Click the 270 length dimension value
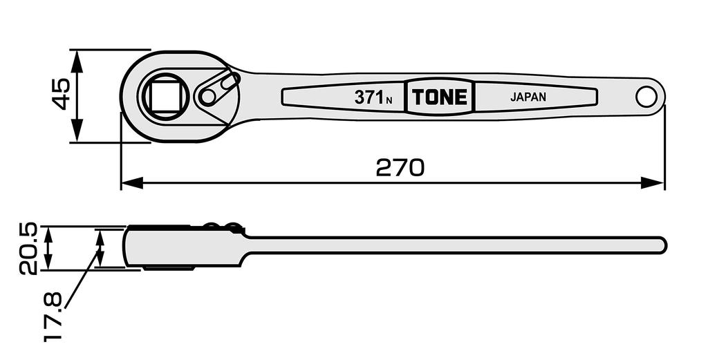click(400, 167)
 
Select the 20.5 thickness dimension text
click(27, 249)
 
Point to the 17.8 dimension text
click(53, 316)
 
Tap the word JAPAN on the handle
click(528, 97)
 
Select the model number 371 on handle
click(369, 97)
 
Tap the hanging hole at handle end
click(646, 97)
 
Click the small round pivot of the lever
click(207, 96)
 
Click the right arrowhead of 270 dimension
click(653, 182)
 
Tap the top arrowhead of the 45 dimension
click(77, 61)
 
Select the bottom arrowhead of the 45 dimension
click(77, 131)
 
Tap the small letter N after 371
click(389, 101)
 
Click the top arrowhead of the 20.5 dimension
click(49, 234)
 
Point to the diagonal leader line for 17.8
click(83, 277)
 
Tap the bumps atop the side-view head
click(221, 226)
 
